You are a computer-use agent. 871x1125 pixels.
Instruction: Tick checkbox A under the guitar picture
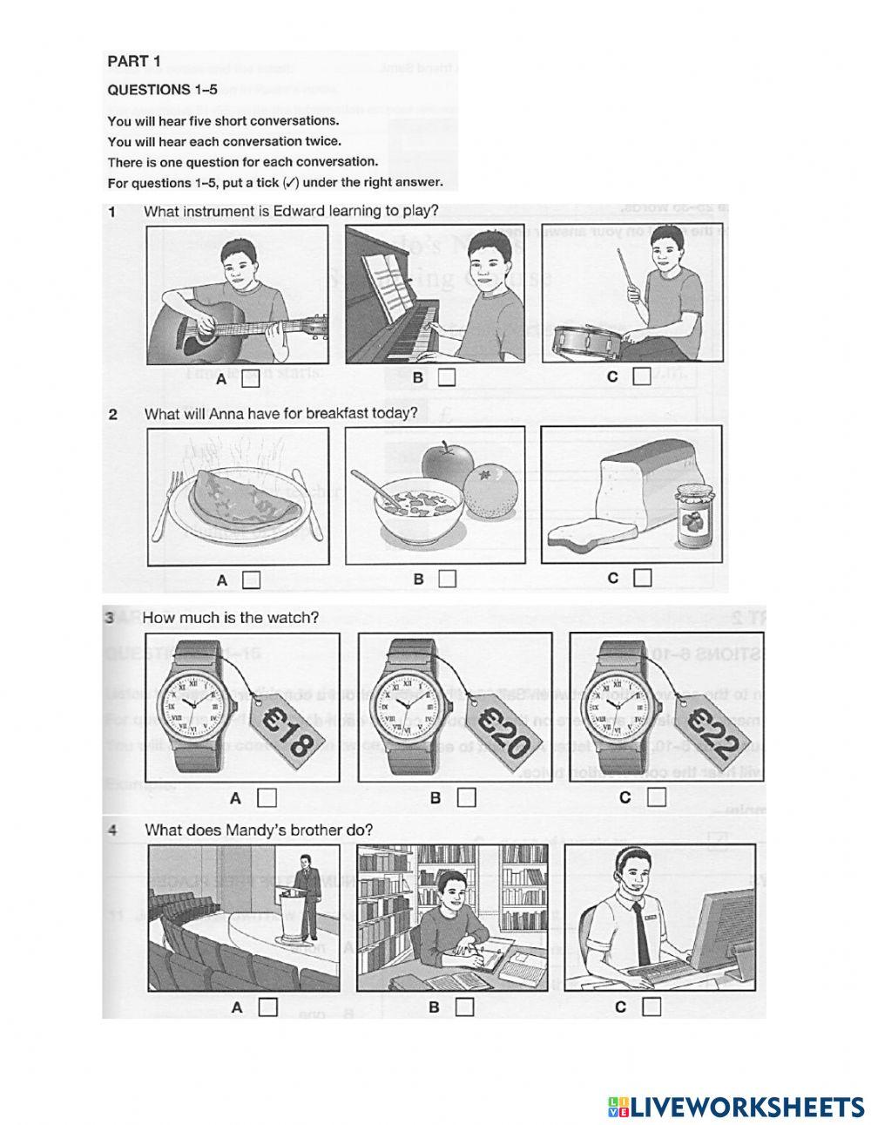[x=251, y=379]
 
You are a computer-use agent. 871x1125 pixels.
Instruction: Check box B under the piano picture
[x=447, y=377]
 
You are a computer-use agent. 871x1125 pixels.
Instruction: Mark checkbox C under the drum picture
[x=642, y=376]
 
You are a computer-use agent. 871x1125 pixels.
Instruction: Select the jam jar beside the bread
[x=692, y=516]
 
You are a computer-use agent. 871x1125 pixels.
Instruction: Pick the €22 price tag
[x=709, y=730]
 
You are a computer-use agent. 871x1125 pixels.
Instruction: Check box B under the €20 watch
[x=467, y=796]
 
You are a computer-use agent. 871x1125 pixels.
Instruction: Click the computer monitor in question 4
[x=719, y=925]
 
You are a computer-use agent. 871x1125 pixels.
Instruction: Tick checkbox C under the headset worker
[x=651, y=1006]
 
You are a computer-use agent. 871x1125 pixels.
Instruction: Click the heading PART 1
[x=134, y=61]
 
